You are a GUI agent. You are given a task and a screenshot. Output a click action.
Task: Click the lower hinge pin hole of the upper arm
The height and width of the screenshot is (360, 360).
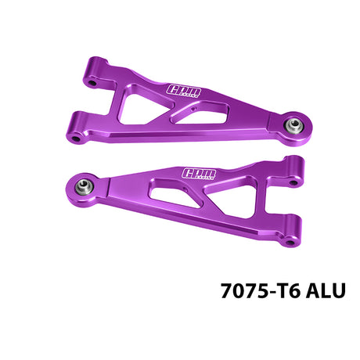(76, 136)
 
